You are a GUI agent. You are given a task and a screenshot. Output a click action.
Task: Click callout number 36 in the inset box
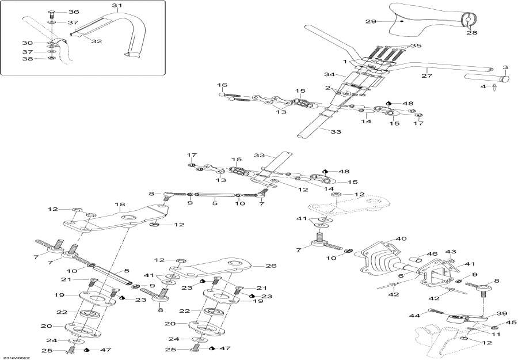(74, 12)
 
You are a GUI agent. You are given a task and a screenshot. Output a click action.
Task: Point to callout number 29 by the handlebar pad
(371, 21)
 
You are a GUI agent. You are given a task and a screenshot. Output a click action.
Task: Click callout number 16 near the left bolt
(223, 85)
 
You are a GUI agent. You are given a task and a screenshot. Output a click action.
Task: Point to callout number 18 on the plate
(120, 204)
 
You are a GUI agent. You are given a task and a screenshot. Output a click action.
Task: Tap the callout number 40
(401, 239)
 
